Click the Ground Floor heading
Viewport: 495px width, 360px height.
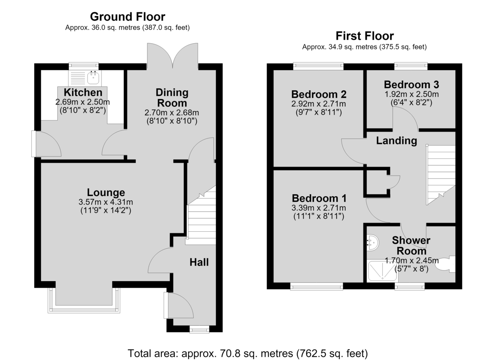click(127, 17)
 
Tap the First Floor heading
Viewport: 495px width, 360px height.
click(365, 36)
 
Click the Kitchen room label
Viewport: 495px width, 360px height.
click(83, 92)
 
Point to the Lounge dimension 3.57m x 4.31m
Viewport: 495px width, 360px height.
click(106, 202)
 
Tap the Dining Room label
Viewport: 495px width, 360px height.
click(172, 98)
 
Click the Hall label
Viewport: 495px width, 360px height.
click(199, 262)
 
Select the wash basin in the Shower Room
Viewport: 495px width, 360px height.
click(372, 242)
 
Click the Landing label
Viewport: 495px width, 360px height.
click(396, 141)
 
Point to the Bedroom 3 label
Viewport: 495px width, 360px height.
click(412, 85)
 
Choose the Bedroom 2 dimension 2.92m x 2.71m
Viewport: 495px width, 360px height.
click(318, 104)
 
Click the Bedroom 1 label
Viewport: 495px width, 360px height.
click(319, 198)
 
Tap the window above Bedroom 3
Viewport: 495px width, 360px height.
click(411, 66)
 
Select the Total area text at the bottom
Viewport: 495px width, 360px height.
click(248, 353)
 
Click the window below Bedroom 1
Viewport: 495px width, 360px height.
click(316, 287)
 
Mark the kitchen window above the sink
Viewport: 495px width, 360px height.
click(83, 66)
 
